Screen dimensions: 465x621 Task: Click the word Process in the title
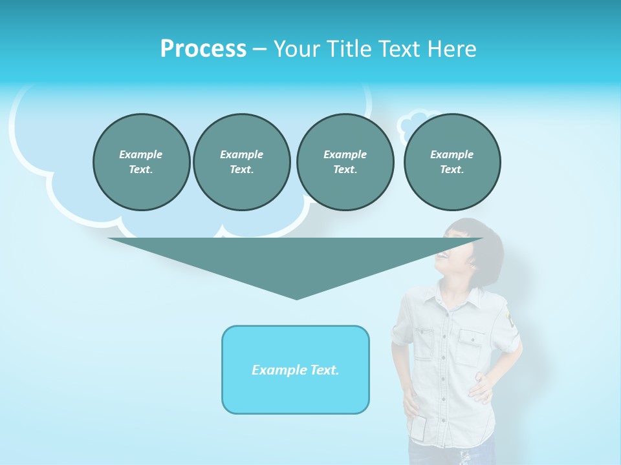coord(203,49)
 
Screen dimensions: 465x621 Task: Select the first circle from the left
coord(141,162)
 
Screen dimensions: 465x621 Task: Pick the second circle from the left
coord(241,162)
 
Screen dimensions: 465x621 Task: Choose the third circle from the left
coord(345,162)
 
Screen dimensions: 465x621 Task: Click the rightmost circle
coord(452,162)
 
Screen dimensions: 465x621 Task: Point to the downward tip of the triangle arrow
coord(296,298)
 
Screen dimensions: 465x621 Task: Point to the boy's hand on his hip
coord(480,387)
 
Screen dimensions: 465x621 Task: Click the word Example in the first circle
coord(141,154)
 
